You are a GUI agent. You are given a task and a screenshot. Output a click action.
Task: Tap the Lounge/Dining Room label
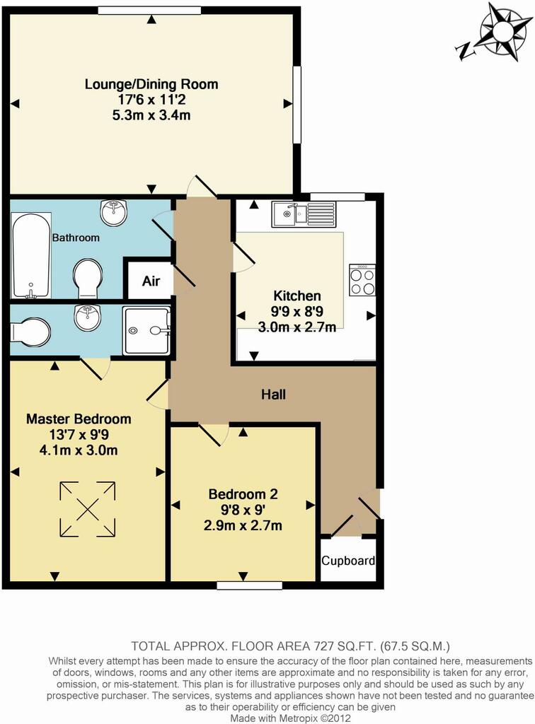pos(151,84)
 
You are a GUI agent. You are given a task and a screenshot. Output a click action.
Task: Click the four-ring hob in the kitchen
pos(362,280)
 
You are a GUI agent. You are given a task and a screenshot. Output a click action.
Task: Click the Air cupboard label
pos(151,281)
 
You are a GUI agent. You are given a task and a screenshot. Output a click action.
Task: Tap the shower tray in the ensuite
pos(146,331)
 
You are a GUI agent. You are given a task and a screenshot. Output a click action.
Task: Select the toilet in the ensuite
pos(30,332)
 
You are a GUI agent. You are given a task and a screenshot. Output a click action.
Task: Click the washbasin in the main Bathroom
pos(113,213)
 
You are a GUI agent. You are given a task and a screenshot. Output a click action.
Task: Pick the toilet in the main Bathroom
pos(87,279)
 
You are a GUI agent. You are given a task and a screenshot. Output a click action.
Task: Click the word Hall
pos(273,395)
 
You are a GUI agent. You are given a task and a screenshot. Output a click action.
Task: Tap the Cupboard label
pos(348,561)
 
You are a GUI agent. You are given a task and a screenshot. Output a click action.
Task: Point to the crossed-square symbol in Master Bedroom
pos(87,509)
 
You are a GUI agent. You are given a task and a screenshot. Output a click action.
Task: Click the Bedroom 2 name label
pos(243,494)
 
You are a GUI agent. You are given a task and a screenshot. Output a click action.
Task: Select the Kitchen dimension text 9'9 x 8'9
pos(297,312)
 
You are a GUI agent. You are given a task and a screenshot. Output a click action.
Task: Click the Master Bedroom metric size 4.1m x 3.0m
pos(79,450)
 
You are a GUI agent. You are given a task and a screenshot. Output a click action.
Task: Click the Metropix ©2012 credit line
pos(291,718)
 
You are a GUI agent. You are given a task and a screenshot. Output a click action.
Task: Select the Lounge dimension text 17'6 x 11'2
pos(151,99)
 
